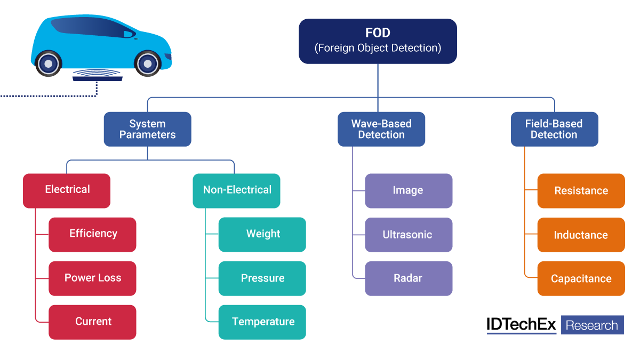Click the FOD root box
378,41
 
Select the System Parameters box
147,129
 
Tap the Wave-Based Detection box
381,129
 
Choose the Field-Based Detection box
554,129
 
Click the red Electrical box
67,190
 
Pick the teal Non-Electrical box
236,190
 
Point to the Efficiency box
92,234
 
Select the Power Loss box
92,278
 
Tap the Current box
92,322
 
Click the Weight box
262,234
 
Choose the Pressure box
262,278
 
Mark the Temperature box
262,322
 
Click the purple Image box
409,190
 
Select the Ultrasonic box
409,234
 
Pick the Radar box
409,278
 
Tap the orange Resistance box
581,190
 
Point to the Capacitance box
581,278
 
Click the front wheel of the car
148,63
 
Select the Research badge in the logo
592,325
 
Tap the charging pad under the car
98,78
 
